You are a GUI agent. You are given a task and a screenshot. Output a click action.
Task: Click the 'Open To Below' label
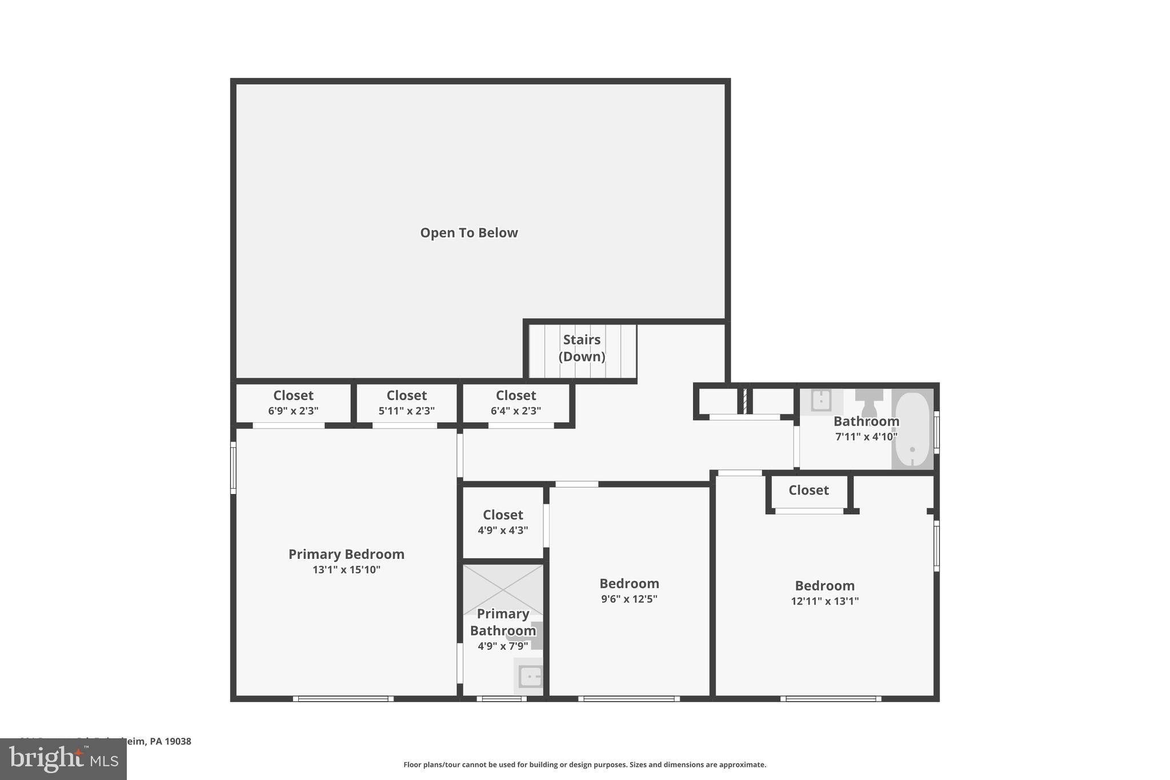[x=468, y=233]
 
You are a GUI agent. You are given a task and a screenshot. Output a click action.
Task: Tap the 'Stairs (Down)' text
[x=582, y=348]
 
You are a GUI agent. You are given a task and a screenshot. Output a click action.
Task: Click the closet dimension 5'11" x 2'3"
[x=406, y=411]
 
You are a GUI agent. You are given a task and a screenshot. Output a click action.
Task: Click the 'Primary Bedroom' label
[x=346, y=554]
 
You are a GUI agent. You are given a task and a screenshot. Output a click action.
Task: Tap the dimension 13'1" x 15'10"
[x=346, y=570]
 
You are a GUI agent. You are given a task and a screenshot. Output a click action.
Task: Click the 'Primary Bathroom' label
[x=503, y=622]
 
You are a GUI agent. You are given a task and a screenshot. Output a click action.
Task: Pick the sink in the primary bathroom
[x=530, y=677]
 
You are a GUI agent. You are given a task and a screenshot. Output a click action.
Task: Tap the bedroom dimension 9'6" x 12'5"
[x=629, y=599]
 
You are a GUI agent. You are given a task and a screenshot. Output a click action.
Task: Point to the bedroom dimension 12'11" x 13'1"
[x=824, y=601]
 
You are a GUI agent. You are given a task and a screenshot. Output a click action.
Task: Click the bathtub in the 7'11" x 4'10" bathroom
[x=912, y=429]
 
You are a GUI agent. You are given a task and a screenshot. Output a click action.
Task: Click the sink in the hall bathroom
[x=822, y=401]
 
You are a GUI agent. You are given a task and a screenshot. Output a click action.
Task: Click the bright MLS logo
[x=63, y=759]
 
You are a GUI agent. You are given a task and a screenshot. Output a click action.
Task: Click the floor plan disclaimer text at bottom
[x=584, y=765]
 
